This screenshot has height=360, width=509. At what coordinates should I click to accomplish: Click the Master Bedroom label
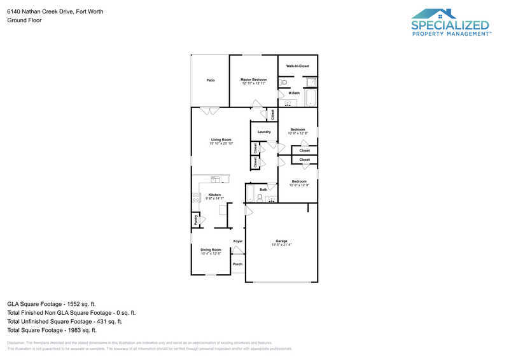point(253,80)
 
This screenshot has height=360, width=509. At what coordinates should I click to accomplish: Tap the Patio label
point(210,80)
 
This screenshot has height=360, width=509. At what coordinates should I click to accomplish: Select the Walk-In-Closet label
point(297,66)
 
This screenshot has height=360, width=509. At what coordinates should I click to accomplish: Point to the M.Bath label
point(294,93)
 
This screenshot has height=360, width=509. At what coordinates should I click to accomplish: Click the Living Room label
point(221,139)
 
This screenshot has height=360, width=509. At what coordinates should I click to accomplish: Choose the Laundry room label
point(264,132)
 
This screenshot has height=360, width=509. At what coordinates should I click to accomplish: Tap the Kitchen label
point(214,195)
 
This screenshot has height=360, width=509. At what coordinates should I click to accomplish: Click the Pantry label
point(195,220)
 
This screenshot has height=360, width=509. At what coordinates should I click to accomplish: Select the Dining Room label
point(211,250)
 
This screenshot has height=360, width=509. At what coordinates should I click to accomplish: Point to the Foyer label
point(238,241)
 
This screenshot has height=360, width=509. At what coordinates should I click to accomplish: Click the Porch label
point(237,264)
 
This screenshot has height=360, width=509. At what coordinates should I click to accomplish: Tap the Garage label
point(281,241)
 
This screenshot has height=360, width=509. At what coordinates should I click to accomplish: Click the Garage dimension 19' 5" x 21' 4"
point(281,245)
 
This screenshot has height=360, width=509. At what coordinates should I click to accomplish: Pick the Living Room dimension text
point(221,143)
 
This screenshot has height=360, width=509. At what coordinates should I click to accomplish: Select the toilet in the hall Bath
point(260,197)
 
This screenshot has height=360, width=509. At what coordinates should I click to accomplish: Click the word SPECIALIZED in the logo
point(450,25)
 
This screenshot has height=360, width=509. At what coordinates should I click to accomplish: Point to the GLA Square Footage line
point(52,304)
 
